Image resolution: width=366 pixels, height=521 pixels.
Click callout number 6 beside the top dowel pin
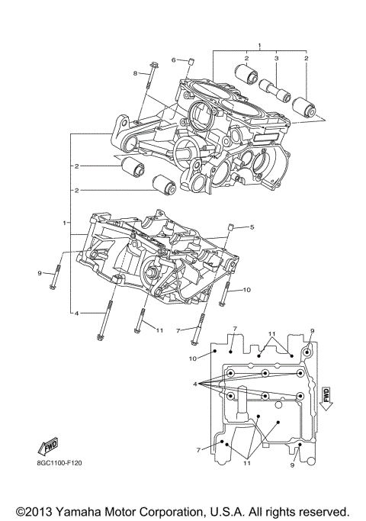[173, 59]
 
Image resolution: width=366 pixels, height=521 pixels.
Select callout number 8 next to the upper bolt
[136, 73]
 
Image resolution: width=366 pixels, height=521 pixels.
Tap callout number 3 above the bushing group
[277, 58]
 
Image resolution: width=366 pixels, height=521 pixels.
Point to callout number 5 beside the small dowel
[252, 227]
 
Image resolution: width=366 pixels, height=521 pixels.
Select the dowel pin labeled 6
[191, 60]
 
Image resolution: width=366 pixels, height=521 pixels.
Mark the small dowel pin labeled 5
[231, 227]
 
